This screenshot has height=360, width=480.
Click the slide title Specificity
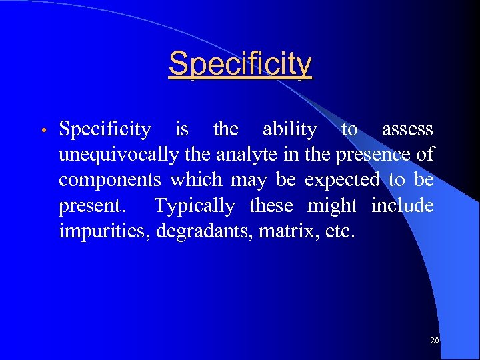(240, 65)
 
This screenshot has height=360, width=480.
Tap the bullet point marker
(42, 130)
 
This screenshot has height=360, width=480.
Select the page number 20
(434, 341)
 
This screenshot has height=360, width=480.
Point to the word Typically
(195, 207)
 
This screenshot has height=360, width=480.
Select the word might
(332, 207)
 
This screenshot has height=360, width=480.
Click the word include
(403, 206)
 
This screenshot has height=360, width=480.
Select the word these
(271, 207)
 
